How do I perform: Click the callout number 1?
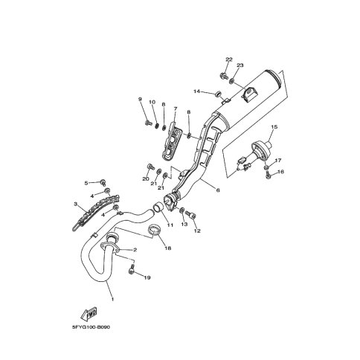tap(112, 299)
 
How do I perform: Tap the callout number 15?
tap(274, 127)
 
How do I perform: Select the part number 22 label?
tap(228, 60)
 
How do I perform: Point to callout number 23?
tap(240, 65)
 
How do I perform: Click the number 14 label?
tap(196, 91)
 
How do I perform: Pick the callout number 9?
tap(140, 99)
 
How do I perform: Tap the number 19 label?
tap(147, 277)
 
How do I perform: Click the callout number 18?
tap(168, 248)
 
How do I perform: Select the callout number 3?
tap(75, 205)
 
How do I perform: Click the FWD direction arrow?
tap(89, 314)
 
